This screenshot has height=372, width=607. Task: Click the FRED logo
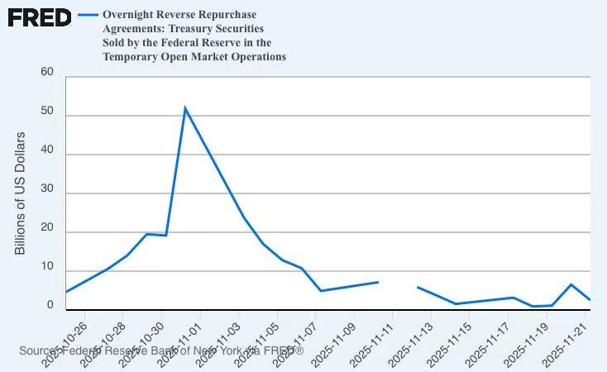click(x=39, y=17)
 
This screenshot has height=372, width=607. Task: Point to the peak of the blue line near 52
click(x=184, y=108)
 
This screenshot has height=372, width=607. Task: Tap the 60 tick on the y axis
click(x=47, y=73)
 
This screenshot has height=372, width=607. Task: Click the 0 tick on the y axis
click(x=50, y=305)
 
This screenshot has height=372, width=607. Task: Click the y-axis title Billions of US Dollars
click(x=21, y=193)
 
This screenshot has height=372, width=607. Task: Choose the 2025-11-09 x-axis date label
click(x=334, y=339)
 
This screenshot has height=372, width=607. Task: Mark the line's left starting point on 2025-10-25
click(x=66, y=292)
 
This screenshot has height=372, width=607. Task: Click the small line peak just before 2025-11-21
click(x=571, y=284)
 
